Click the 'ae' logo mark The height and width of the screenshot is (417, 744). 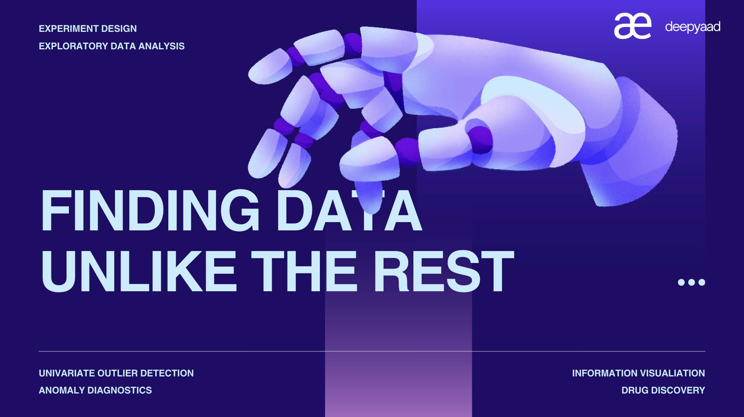633,26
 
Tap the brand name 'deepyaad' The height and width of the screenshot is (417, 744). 693,27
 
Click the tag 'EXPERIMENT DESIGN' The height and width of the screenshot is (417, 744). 88,29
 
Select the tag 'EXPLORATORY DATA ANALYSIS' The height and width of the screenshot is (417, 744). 112,46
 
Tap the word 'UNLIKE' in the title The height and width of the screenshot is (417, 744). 139,271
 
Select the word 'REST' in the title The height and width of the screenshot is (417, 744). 444,271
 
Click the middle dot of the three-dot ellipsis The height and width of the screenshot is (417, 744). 691,282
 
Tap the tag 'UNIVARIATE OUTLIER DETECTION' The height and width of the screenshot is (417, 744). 116,373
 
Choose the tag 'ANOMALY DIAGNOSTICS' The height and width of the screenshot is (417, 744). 95,390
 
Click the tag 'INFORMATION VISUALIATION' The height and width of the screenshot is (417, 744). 639,373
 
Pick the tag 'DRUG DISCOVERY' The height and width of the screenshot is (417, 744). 663,390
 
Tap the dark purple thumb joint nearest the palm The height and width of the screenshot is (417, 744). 480,140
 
